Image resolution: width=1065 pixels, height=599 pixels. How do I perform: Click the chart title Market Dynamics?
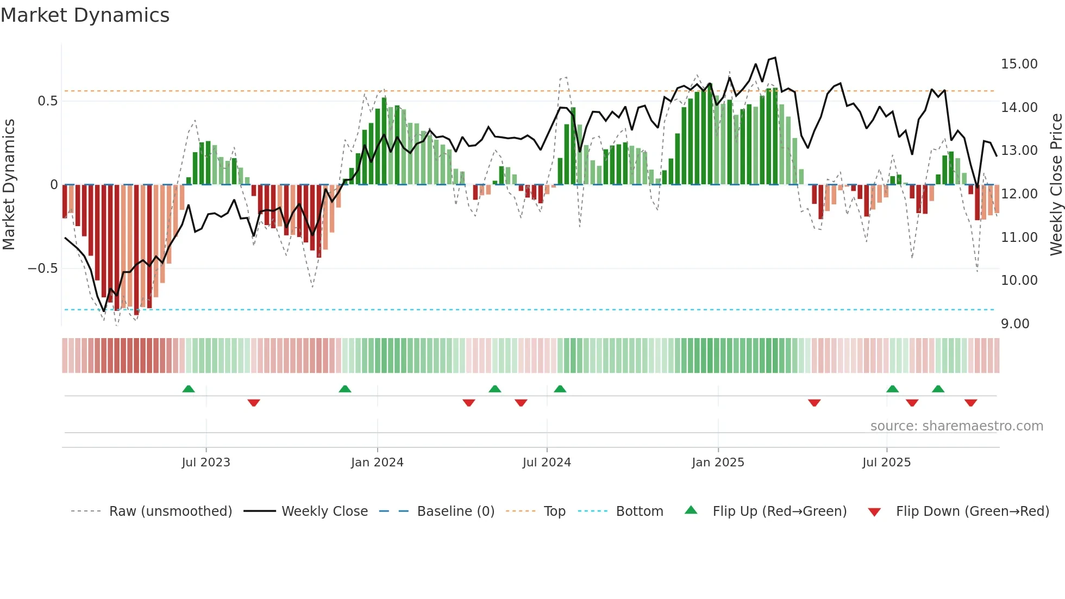coord(85,15)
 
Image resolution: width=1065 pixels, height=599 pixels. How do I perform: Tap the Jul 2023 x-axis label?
coord(206,463)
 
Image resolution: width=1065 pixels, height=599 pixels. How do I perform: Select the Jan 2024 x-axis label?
coord(377,463)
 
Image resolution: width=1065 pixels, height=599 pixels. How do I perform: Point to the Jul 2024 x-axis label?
coord(547,463)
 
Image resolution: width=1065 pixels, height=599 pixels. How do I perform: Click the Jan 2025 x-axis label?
coord(718,463)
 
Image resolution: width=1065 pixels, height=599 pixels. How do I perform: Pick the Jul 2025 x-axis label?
coord(886,463)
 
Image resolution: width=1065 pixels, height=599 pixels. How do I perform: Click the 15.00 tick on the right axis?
coord(1019,64)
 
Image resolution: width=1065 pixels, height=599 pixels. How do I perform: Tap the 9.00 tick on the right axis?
coord(1015,324)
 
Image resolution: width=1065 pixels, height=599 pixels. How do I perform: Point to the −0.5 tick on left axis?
coord(42,269)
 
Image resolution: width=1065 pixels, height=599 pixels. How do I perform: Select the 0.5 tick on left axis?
coord(47,101)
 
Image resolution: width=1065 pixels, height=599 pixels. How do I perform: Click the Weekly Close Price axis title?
coord(1056,185)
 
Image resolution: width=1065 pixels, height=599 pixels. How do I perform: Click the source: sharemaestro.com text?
coord(956,426)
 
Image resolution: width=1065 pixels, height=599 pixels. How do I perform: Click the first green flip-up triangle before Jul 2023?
coord(189,389)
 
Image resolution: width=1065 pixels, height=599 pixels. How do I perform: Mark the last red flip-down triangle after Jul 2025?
coord(970,403)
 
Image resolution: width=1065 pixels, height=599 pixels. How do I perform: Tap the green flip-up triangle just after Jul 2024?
coord(560,389)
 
